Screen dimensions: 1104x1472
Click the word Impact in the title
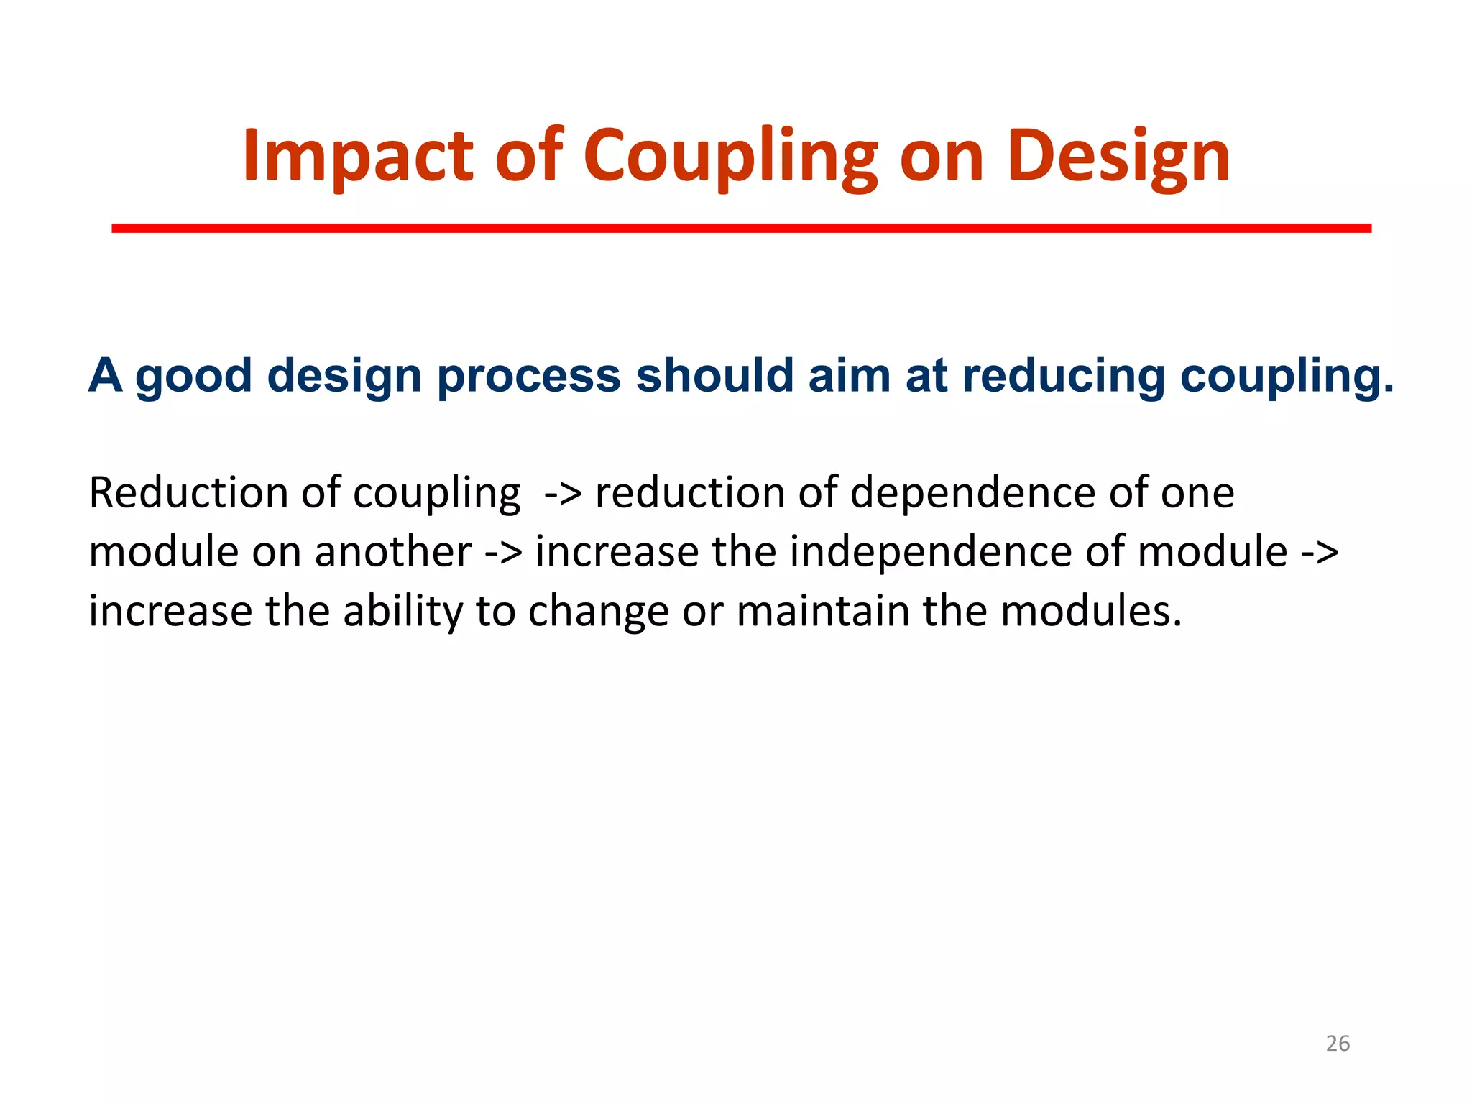357,156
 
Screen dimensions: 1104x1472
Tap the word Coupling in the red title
730,156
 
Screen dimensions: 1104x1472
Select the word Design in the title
1118,156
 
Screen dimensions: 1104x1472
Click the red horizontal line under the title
741,229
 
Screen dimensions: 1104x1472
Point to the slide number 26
1338,1043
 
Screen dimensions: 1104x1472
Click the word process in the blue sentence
528,376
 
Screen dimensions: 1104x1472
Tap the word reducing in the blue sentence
1063,376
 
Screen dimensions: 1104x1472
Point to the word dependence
973,493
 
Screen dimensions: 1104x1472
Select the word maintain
824,611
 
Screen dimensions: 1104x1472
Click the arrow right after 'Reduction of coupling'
563,494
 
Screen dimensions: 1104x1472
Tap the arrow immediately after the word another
503,553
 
